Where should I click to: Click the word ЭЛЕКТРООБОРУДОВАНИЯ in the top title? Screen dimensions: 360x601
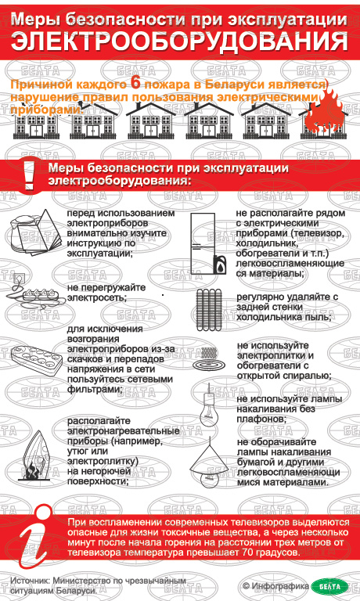(x=179, y=41)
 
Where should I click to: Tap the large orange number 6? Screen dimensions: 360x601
(x=135, y=83)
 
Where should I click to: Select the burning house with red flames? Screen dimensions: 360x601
(x=323, y=116)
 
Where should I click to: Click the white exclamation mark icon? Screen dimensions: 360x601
(x=28, y=175)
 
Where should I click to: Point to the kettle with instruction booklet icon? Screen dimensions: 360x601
(x=34, y=231)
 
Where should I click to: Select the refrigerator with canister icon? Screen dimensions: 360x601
(x=209, y=243)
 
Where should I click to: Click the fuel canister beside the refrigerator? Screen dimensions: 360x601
(x=220, y=265)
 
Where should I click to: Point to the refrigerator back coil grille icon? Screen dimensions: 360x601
(x=209, y=310)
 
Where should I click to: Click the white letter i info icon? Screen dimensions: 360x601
(x=37, y=537)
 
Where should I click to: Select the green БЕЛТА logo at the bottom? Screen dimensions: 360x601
(x=330, y=586)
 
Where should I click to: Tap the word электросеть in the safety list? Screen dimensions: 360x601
(x=96, y=297)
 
